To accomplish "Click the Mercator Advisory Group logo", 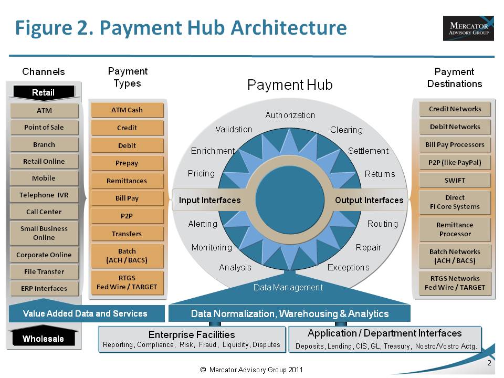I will coord(468,28).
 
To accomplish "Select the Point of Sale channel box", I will coord(44,128).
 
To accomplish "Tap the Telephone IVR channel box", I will coord(44,195).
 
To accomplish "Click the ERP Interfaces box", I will coord(44,288).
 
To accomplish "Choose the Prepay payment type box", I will coord(127,163).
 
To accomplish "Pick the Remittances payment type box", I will coord(127,181).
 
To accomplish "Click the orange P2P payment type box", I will coord(127,216).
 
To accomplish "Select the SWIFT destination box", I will coord(455,180).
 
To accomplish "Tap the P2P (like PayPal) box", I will coord(455,162).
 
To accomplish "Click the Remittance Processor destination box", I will coord(455,229).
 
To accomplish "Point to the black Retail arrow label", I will coord(43,93).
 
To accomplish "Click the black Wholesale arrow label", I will coord(43,339).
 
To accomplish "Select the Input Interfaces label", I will coord(209,200).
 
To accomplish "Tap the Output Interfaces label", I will coord(369,200).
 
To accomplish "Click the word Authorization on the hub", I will coord(290,115).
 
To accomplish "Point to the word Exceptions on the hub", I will coord(348,267).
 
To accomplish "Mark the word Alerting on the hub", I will coord(203,224).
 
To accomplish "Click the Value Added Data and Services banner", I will coord(85,313).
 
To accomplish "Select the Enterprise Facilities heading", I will coord(192,334).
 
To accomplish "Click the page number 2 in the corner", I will coord(489,363).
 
